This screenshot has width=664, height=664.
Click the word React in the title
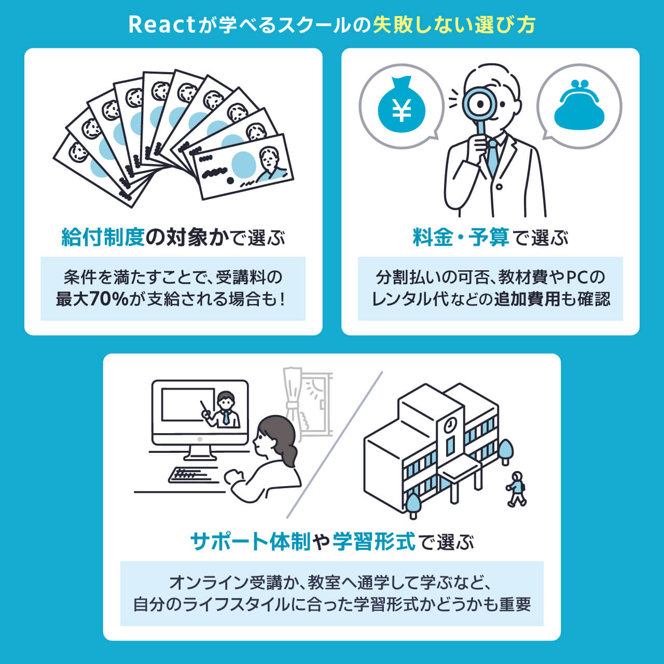[161, 25]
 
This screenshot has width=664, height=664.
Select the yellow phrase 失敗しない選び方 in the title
[454, 25]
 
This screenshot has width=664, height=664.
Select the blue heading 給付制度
[103, 238]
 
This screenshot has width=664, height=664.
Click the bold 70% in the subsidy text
[108, 299]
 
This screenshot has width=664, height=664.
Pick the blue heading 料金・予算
[461, 238]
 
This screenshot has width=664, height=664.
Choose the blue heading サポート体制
[251, 542]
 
